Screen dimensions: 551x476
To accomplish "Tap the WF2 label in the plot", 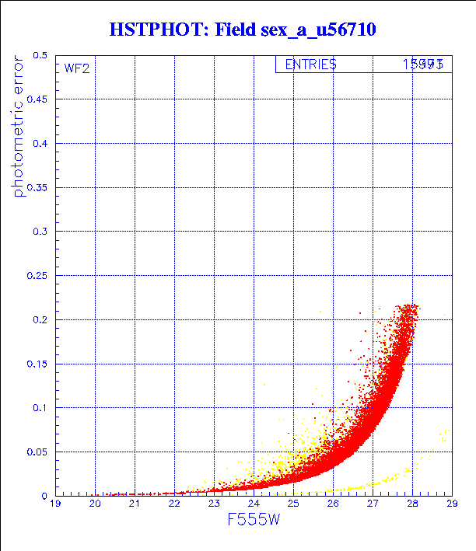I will [76, 68].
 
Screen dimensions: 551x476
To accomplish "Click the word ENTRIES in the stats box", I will [310, 65].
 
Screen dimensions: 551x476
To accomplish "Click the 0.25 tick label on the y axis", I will [37, 276].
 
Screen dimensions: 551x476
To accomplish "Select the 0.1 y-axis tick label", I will [40, 408].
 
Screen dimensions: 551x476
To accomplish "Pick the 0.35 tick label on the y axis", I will [37, 187].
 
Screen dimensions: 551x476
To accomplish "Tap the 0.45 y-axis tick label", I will [37, 99].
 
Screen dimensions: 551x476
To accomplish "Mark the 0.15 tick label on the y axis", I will [37, 364].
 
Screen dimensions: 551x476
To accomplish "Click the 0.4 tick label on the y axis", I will [40, 144].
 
